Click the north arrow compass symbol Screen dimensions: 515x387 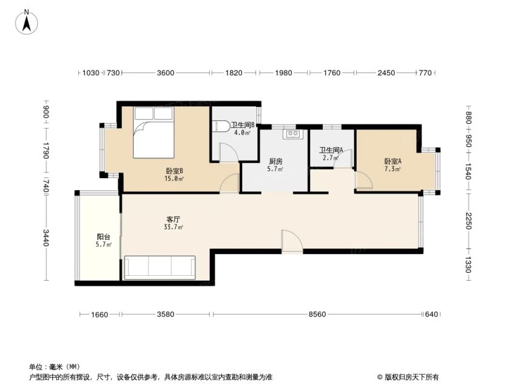tap(27, 22)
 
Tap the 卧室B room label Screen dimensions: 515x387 tap(174, 171)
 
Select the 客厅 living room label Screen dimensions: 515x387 tap(173, 219)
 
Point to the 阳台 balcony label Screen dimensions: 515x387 tap(104, 236)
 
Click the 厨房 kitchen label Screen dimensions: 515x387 tap(275, 162)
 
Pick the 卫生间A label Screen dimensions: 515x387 tap(331, 150)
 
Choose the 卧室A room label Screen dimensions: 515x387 tap(393, 162)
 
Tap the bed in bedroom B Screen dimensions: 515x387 tap(153, 132)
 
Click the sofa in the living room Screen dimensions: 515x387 tap(160, 267)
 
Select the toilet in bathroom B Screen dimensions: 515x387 tap(221, 126)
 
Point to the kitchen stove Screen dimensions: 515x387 tap(292, 134)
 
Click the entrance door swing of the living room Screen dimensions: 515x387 tap(292, 242)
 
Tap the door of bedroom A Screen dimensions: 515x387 tap(364, 180)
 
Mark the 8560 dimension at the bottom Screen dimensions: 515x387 tap(317, 314)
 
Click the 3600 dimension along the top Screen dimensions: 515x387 tap(165, 73)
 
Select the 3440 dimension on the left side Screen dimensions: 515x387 tap(45, 238)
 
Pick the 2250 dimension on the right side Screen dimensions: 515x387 tap(468, 221)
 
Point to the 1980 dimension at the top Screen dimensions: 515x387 tap(283, 73)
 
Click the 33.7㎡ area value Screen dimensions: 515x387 tap(173, 227)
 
